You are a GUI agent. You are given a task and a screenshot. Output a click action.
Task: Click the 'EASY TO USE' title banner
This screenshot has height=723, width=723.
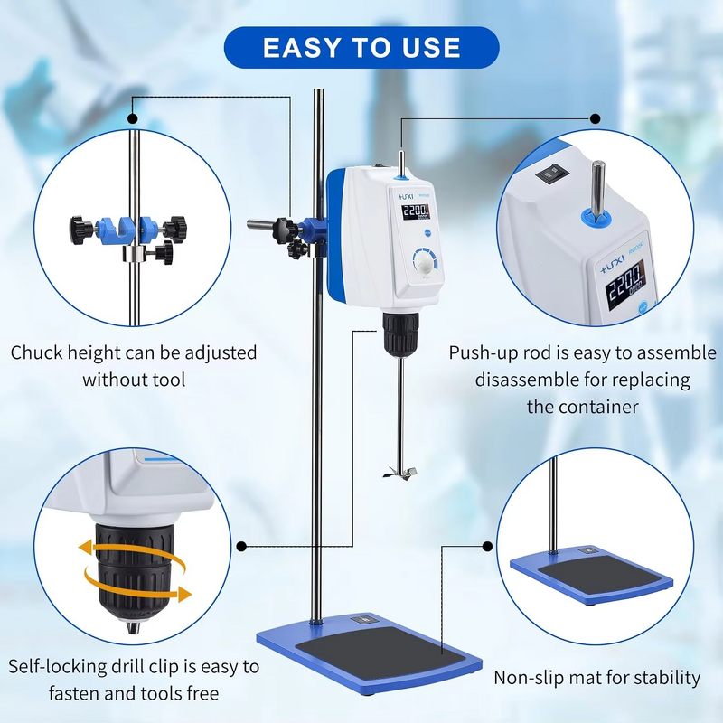pos(361,47)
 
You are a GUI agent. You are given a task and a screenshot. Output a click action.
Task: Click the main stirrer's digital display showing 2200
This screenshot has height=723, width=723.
pos(416,212)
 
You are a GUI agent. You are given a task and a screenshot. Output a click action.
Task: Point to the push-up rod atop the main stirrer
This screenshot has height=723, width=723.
pos(399,161)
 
